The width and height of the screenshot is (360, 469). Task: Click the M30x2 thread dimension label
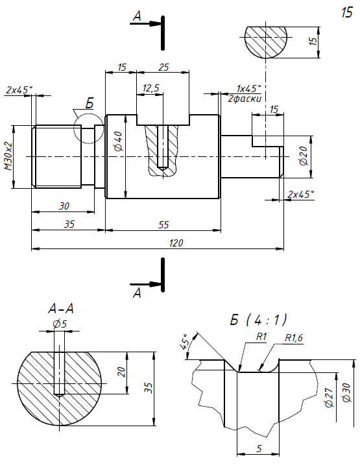[8, 156]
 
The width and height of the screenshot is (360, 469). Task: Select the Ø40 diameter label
[119, 141]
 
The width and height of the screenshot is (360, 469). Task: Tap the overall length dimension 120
[176, 243]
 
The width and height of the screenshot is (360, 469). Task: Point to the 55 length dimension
[163, 224]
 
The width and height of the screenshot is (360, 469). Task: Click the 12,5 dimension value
[151, 88]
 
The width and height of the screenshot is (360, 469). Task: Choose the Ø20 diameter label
[303, 156]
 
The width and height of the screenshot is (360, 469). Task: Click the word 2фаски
[245, 99]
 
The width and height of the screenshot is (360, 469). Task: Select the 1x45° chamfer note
[249, 89]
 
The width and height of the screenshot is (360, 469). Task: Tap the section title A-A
[61, 309]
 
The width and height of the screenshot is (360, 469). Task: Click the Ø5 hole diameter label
[60, 324]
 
